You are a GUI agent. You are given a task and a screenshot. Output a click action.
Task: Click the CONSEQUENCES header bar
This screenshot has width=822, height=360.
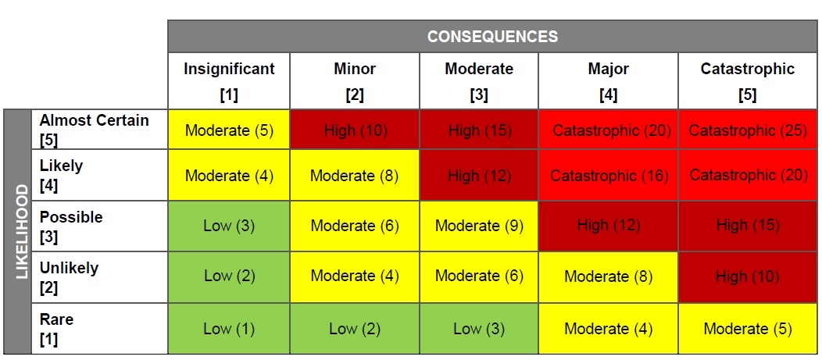click(x=492, y=37)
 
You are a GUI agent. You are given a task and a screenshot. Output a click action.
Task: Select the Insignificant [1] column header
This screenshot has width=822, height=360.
click(x=229, y=80)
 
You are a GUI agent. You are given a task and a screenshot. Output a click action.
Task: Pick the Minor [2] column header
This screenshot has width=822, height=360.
click(x=354, y=80)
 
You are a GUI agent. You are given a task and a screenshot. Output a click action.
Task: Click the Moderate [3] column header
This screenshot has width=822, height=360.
click(x=479, y=80)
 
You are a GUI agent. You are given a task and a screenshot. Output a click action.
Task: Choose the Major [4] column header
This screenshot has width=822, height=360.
click(x=608, y=80)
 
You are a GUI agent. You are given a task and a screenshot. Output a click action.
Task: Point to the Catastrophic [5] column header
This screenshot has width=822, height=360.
click(x=747, y=80)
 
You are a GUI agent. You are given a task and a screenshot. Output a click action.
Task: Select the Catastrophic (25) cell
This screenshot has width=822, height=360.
click(x=747, y=130)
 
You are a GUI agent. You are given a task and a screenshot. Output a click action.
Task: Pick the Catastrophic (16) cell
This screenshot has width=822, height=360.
click(x=609, y=176)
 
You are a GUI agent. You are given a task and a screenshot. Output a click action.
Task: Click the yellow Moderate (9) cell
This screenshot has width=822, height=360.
click(x=479, y=226)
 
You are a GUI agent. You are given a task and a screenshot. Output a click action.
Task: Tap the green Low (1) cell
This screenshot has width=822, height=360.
click(x=229, y=329)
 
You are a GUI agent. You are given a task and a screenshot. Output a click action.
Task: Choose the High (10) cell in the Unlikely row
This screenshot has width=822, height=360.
click(x=747, y=276)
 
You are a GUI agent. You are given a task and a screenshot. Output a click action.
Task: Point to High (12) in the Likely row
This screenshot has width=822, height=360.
click(x=479, y=176)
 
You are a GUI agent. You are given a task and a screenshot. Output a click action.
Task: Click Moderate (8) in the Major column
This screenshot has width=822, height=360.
click(x=609, y=276)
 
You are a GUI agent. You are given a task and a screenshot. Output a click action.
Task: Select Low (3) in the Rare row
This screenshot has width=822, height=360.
click(x=479, y=329)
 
